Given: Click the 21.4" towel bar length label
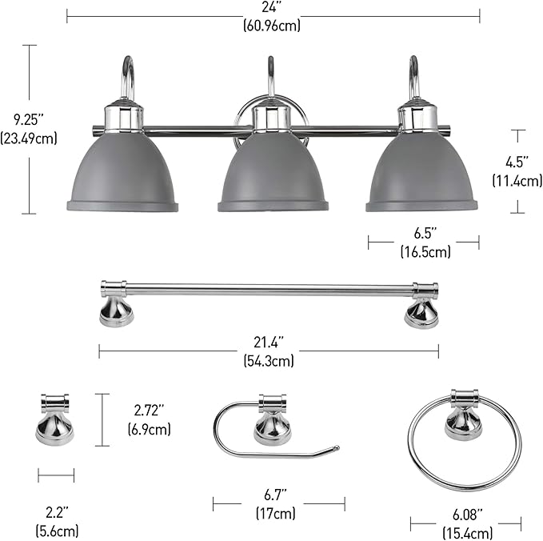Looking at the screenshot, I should click(x=270, y=351).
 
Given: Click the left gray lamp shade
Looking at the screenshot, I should click(x=122, y=173).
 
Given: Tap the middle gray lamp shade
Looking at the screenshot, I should click(x=273, y=173).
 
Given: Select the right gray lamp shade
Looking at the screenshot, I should click(x=421, y=173).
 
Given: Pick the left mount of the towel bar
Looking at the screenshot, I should click(x=116, y=305).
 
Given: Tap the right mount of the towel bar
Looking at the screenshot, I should click(x=421, y=305).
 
